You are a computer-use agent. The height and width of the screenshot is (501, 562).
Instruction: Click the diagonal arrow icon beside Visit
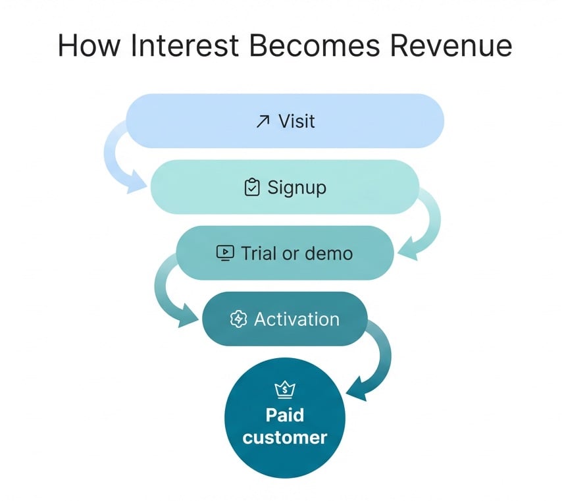pos(263,122)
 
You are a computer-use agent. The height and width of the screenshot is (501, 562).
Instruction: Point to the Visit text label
pos(297,121)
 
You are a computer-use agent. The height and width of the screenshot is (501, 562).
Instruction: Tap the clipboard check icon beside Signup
pos(251,188)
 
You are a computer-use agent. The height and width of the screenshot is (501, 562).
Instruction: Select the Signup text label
pos(297,188)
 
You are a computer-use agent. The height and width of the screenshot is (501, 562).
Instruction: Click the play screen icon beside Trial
pos(225,253)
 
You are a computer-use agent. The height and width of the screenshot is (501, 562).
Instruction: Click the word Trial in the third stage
pos(258,253)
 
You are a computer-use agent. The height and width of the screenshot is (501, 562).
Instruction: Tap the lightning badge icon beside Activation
pos(238,319)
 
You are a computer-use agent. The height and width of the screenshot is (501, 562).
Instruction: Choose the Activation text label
pos(297,319)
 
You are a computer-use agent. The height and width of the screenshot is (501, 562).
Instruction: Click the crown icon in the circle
pos(284,390)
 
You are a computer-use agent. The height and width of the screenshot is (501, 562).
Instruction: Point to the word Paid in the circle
pos(284,415)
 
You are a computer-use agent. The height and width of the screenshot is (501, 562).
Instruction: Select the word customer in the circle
pos(284,437)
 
